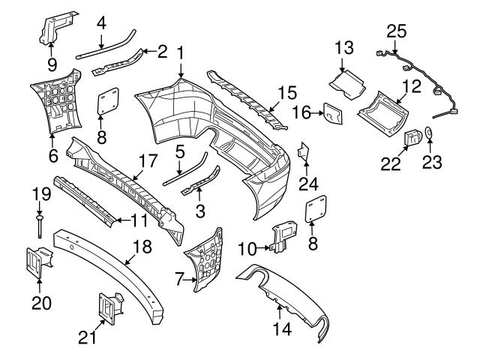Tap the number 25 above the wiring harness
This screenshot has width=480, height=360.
(396, 31)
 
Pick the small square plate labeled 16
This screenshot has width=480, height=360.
(333, 115)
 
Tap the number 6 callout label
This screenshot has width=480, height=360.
(52, 156)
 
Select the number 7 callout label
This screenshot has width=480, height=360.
(179, 280)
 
